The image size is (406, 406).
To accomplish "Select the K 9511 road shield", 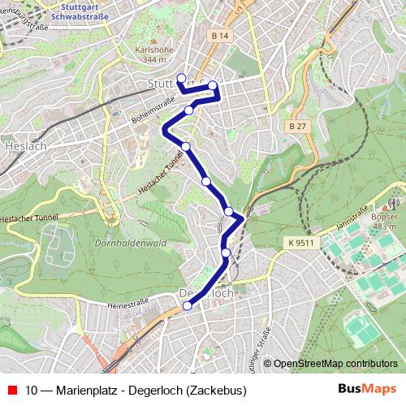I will pos(300,241).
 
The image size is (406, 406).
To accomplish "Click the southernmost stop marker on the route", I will pos(188,305).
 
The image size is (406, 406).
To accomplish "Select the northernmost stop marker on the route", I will pos(181,79).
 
